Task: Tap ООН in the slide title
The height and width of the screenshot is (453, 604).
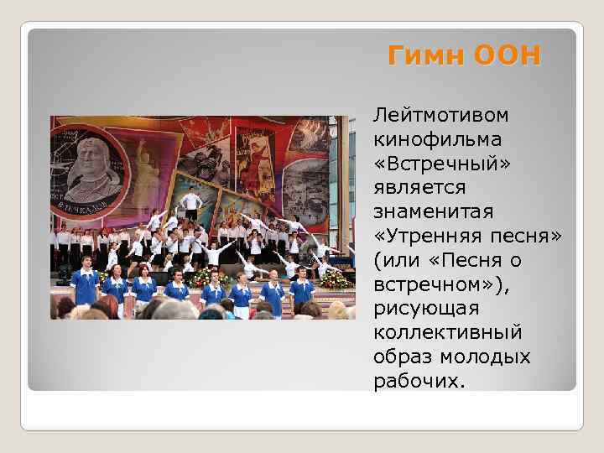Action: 507,56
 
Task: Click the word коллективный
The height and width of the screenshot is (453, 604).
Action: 448,333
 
